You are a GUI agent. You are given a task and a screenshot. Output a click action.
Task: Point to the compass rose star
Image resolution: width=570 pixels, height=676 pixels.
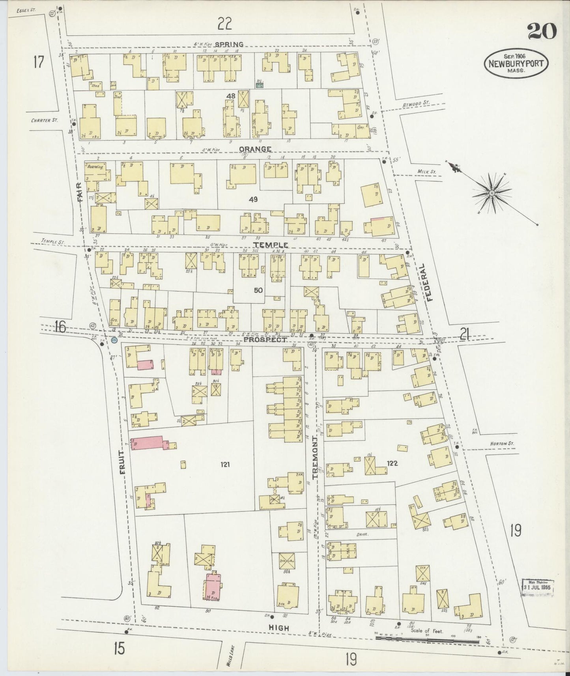pos(492,193)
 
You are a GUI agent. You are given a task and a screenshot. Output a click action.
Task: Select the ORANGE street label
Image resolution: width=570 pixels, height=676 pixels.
pos(255,149)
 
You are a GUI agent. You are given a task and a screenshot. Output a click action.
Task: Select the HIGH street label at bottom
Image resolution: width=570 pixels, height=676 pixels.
pos(278,628)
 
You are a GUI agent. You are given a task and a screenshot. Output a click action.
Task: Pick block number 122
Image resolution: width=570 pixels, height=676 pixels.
pos(392,463)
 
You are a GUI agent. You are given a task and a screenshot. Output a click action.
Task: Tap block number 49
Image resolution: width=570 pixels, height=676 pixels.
pos(253,200)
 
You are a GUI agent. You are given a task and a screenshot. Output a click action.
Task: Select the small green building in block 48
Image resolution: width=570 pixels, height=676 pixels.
pos(259,84)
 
